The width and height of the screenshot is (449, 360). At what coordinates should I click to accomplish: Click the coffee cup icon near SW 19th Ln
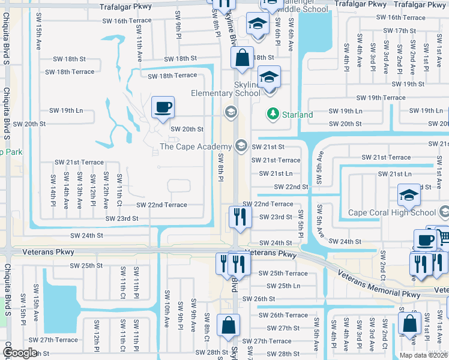[x=163, y=107]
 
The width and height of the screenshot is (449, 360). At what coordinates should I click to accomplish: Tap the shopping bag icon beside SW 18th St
[x=242, y=58]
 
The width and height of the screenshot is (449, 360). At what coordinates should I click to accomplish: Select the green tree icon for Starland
[x=273, y=113]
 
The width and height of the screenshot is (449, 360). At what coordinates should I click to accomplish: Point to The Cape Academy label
[x=195, y=146]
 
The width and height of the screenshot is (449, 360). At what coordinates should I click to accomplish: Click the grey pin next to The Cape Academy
[x=241, y=145]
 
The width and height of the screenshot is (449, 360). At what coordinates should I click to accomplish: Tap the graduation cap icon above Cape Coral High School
[x=409, y=194]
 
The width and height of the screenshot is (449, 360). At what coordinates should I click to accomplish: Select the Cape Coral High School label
[x=392, y=212]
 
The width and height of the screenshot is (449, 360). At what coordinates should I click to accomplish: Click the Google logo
[x=20, y=353]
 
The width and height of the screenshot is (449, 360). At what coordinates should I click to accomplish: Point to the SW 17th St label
[x=399, y=31]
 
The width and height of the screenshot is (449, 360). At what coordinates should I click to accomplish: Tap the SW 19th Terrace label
[x=381, y=97]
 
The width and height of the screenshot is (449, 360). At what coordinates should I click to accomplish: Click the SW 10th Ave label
[x=166, y=315]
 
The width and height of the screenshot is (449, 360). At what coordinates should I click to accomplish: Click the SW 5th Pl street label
[x=301, y=220]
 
